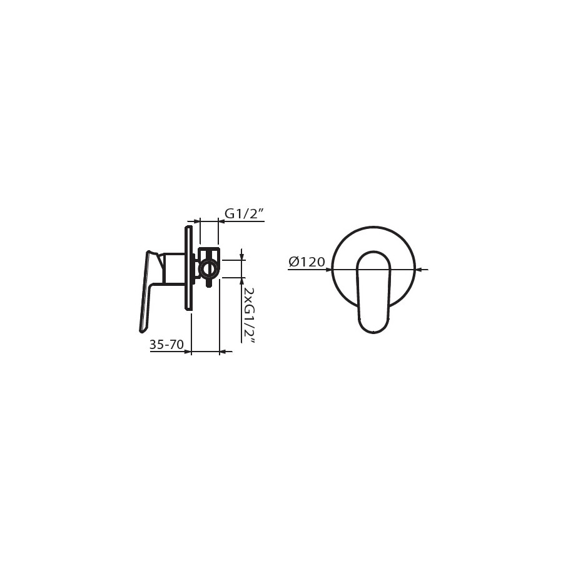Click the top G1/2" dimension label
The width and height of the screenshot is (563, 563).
245,214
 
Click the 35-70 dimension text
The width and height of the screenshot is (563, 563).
166,345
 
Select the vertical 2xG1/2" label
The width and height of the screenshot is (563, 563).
248,315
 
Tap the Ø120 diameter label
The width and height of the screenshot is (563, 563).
307,262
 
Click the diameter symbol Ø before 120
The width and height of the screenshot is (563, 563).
293,262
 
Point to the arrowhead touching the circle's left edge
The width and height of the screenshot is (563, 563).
328,269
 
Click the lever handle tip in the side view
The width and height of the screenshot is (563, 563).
141,330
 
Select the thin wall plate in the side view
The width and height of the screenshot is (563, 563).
188,268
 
